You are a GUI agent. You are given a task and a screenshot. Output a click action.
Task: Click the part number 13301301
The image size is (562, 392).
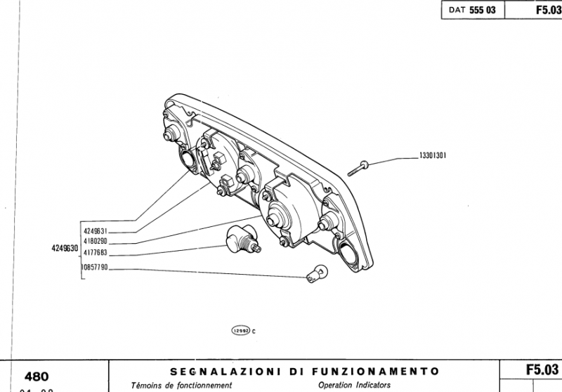click(434, 156)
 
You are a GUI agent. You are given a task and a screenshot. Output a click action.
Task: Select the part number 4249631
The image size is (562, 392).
click(94, 230)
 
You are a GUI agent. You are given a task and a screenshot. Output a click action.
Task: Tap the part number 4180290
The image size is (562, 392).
click(94, 241)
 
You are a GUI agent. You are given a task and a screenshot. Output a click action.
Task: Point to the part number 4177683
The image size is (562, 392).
click(94, 251)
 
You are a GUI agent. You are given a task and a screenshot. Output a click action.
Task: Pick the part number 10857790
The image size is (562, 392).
click(94, 268)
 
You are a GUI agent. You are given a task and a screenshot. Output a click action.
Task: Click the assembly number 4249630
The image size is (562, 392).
click(64, 247)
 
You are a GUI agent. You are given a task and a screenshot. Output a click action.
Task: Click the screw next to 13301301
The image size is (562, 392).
click(359, 167)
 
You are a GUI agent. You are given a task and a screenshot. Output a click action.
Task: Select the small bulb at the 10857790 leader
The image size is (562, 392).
click(317, 273)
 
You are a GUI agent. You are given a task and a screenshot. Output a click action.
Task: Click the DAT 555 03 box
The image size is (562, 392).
click(472, 11)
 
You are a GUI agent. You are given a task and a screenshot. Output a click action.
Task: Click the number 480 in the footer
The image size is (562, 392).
click(37, 376)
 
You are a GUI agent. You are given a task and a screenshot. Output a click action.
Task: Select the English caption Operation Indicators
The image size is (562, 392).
click(354, 386)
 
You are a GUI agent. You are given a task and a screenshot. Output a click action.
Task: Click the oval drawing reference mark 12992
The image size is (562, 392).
click(241, 330)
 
